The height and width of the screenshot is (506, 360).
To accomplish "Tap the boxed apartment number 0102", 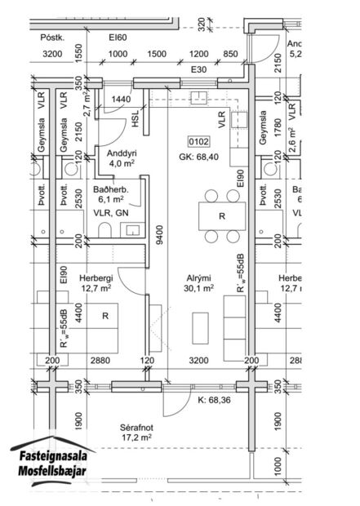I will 200,140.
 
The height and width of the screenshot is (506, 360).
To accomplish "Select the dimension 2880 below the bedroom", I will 99,359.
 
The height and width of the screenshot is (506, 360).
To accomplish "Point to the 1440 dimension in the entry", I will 122,99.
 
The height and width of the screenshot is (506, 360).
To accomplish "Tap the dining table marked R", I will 222,216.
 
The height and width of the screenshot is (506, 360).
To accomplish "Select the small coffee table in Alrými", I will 199,329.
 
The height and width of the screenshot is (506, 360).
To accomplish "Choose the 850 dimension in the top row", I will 231,54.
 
